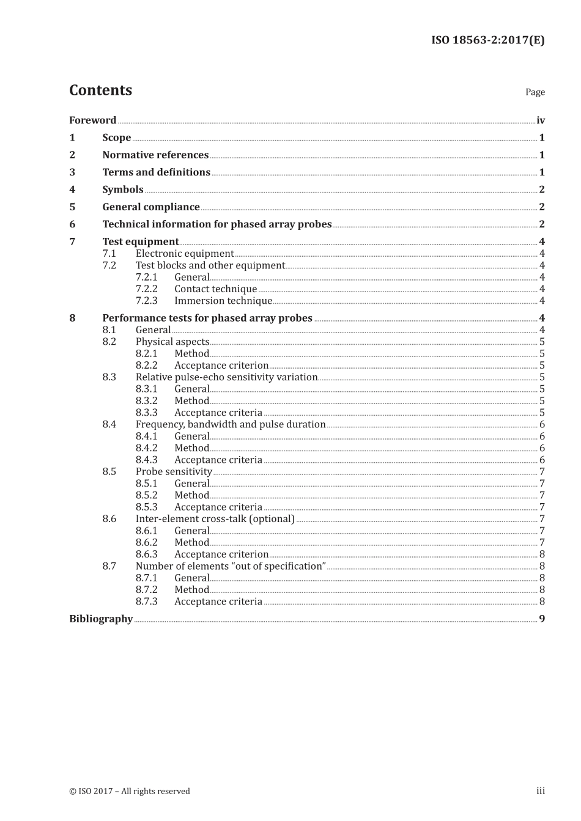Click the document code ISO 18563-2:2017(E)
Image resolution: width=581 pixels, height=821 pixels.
pos(487,40)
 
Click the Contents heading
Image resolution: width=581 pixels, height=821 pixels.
pos(100,90)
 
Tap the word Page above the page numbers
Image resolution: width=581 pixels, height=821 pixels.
pos(535,92)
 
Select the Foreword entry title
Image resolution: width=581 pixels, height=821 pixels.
pos(92,120)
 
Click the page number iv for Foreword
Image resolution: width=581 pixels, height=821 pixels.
pos(540,120)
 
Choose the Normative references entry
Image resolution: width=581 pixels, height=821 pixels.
pos(155,155)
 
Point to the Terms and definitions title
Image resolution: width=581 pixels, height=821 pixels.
pos(156,172)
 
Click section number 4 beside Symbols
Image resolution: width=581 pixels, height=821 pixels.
pos(72,190)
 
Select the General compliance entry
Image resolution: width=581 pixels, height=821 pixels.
pos(151,207)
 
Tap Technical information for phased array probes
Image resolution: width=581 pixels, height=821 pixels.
pos(216,224)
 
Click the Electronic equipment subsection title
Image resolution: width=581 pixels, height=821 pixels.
pos(185,254)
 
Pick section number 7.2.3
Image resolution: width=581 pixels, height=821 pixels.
pos(146,301)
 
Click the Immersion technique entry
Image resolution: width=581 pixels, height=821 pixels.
pos(223,301)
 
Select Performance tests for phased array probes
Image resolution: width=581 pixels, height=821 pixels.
pos(207,318)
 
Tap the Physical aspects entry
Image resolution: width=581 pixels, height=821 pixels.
pos(172,342)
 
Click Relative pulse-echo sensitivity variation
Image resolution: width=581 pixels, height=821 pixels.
pos(226,377)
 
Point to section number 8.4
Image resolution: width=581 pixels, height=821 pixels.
pos(109,424)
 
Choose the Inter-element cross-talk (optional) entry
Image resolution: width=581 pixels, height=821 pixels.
pos(215,519)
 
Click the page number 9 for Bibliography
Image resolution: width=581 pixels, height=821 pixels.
pos(541,619)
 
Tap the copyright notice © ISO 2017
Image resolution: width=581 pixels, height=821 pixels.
pos(129,791)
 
